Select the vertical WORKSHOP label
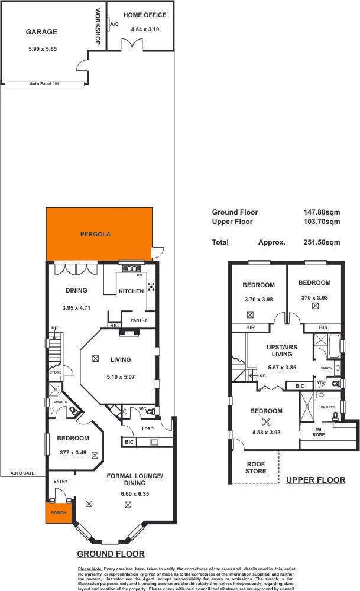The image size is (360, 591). [98, 26]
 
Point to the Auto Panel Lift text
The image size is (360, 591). [44, 84]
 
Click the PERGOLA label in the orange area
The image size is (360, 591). [96, 234]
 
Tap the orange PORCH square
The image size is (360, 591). [58, 512]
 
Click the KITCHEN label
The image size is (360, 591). [131, 291]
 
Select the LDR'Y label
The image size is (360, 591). [131, 428]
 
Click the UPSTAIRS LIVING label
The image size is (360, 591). [281, 350]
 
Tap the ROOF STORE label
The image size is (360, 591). [255, 467]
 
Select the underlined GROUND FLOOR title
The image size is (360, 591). [111, 554]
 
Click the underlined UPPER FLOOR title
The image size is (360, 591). [316, 480]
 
